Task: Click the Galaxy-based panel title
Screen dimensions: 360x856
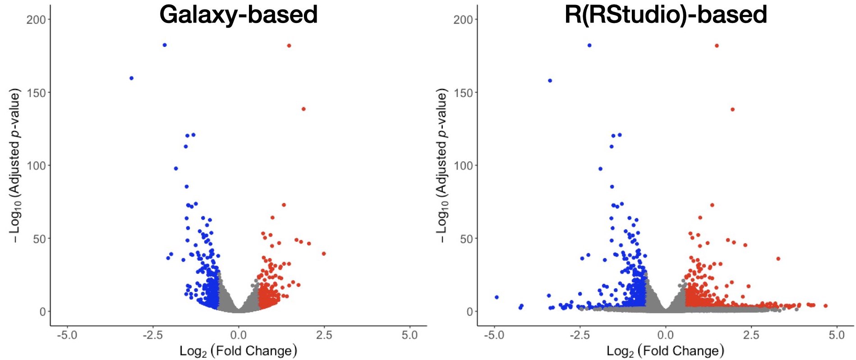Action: click(239, 14)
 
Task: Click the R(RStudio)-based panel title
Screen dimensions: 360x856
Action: click(666, 14)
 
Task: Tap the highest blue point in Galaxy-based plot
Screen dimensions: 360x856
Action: click(165, 45)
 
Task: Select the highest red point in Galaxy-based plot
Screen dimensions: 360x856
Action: click(289, 46)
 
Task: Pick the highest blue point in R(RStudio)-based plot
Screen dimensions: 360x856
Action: click(589, 46)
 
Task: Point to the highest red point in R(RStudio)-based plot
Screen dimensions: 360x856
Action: click(717, 46)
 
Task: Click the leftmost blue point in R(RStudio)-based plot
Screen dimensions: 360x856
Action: click(497, 297)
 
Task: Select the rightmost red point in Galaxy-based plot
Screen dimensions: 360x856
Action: click(324, 254)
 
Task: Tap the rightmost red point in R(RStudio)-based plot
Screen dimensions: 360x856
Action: click(825, 306)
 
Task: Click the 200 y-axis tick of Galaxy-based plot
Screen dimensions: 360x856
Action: click(36, 19)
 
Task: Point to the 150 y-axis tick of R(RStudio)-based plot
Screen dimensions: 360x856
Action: click(463, 92)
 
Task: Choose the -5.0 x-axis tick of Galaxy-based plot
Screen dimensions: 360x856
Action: click(67, 335)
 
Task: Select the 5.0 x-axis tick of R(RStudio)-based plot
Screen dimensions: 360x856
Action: click(837, 335)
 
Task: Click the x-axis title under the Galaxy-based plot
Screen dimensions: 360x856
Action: click(238, 351)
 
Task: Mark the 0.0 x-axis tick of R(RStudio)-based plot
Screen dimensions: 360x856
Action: click(665, 335)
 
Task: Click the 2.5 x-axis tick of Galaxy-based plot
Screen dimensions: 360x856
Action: click(324, 335)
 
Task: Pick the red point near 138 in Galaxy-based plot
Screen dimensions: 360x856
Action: click(304, 109)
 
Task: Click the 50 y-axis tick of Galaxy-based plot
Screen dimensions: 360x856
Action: click(39, 239)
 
